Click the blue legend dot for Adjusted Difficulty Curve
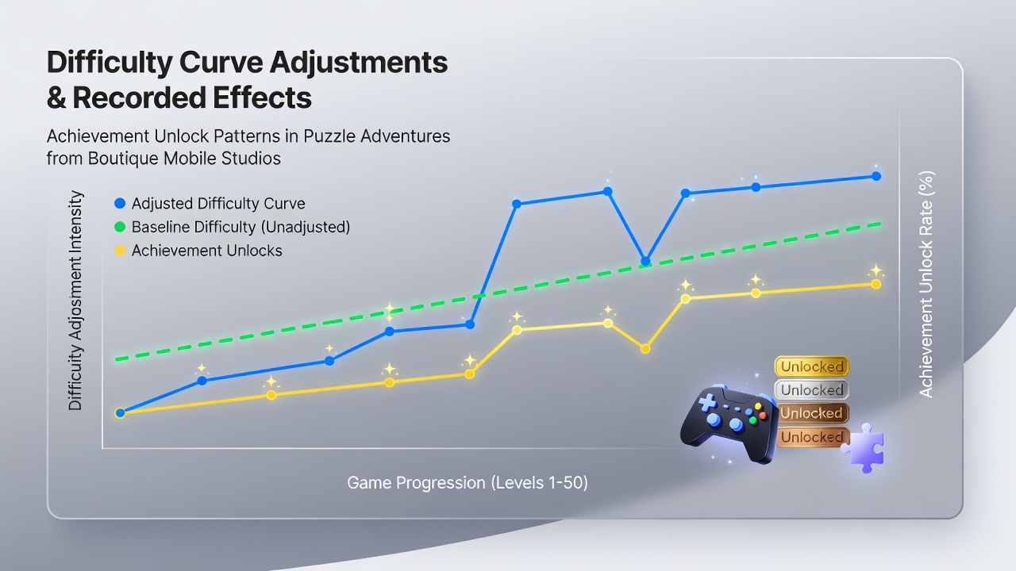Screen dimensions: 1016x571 [x=120, y=203]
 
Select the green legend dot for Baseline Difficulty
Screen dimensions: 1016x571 [x=120, y=227]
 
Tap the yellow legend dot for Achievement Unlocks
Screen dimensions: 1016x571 [x=120, y=250]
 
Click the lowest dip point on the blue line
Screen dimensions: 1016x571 [x=645, y=261]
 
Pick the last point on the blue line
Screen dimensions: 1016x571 [x=876, y=176]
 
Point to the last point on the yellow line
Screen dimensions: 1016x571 [x=876, y=284]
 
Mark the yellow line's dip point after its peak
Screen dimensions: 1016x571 [x=645, y=348]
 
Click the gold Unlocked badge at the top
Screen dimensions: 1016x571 [x=811, y=366]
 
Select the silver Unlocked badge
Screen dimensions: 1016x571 [x=811, y=389]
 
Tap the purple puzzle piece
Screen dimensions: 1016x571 [x=865, y=449]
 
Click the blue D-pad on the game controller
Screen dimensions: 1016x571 [x=706, y=402]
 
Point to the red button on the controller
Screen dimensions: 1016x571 [x=763, y=415]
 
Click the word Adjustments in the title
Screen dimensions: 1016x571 [x=359, y=63]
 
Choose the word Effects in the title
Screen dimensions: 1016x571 [x=263, y=98]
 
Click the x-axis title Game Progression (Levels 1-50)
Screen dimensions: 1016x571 [x=468, y=483]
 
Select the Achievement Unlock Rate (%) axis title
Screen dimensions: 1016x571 [x=926, y=285]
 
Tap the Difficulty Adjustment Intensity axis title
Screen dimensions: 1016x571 [x=75, y=301]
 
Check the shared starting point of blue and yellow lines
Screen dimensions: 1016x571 [x=120, y=413]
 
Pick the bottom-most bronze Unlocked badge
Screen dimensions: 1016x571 [x=812, y=437]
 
